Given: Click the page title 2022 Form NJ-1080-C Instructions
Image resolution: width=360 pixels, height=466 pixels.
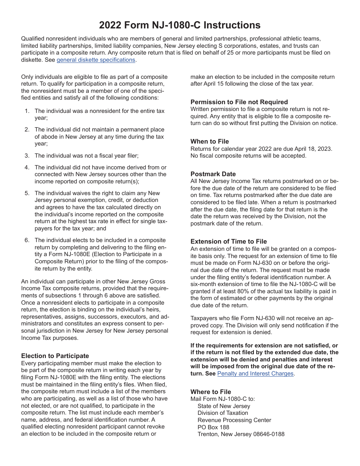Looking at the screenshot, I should point(180,25).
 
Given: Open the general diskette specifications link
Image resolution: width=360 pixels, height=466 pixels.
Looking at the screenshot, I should point(96,60).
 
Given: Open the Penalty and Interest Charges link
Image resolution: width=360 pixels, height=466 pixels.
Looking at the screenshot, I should point(255,374).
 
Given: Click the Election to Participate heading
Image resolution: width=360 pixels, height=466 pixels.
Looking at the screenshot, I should point(55,356).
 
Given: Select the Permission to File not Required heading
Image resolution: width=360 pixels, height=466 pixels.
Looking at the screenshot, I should point(239,102).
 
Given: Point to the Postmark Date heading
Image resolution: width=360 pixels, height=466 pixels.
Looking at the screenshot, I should point(213,174).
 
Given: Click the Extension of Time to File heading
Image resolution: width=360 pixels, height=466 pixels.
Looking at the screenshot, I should point(229,241).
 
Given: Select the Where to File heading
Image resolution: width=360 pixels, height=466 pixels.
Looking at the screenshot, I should point(211,392).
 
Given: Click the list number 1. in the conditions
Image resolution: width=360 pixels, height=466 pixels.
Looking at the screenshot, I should point(27,111).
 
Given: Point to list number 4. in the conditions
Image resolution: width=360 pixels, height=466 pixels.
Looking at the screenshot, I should point(27,167).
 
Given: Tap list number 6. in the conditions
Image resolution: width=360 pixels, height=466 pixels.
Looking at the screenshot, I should point(27,240).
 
